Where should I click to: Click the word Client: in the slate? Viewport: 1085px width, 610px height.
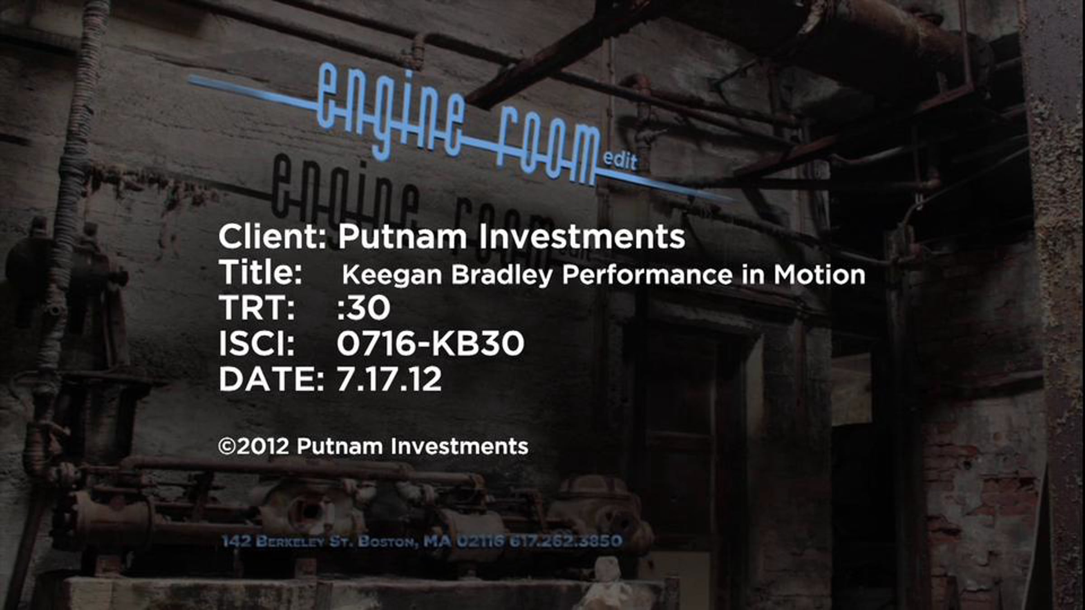point(272,236)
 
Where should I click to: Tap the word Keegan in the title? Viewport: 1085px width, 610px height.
point(392,275)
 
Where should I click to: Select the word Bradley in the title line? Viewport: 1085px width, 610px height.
point(502,275)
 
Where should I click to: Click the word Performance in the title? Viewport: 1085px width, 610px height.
point(647,274)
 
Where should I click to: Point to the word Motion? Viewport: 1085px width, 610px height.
point(819,274)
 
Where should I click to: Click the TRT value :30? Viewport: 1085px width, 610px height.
point(363,308)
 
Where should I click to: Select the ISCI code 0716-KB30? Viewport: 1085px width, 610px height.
point(430,343)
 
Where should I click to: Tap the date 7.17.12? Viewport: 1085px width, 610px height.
point(389,379)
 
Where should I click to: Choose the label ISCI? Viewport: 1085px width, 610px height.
point(257,343)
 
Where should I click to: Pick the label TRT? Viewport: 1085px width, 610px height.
point(257,308)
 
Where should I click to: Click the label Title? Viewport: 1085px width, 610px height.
point(260,272)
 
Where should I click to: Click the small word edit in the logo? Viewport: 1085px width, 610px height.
point(620,160)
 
